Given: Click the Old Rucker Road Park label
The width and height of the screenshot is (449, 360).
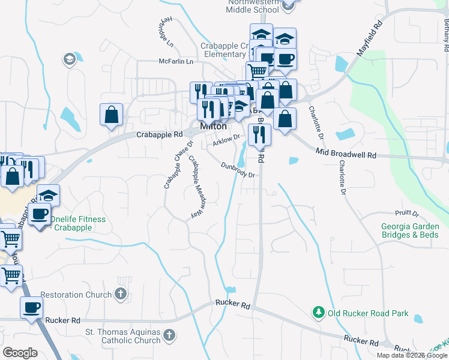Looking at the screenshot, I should click(368, 313).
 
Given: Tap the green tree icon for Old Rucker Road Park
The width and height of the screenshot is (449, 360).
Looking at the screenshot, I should click(318, 313).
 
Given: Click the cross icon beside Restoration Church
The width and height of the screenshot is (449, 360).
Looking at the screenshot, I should click(121, 295).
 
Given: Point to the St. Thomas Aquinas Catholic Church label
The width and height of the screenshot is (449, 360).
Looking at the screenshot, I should click(122, 336).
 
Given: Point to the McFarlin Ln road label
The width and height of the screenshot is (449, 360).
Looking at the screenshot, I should click(176, 61).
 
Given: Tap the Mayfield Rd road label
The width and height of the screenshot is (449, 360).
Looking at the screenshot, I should click(370, 41).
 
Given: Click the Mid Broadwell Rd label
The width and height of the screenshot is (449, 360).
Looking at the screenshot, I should click(346, 155).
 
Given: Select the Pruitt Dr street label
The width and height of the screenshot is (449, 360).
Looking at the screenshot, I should click(407, 213).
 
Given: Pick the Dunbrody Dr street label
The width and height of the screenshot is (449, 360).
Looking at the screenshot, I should click(238, 170).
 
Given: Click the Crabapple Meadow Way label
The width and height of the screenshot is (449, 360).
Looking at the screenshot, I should click(194, 187).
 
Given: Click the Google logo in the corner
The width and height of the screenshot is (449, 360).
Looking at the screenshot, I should click(20, 353).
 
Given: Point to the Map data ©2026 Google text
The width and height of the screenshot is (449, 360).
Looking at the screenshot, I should click(411, 355).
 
